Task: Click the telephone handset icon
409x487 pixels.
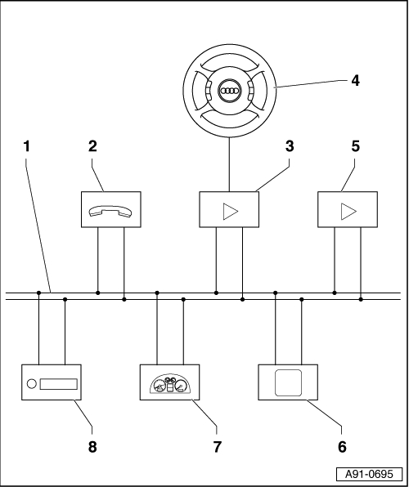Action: (110, 211)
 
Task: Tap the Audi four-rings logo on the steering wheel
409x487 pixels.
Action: (230, 91)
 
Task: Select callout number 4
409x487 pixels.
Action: (356, 81)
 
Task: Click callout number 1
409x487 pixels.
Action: (27, 146)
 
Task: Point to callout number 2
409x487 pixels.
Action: (92, 146)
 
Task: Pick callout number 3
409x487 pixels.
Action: (290, 146)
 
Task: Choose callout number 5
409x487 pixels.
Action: (356, 146)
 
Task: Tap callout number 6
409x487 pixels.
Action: (342, 447)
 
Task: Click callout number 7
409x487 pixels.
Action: (217, 447)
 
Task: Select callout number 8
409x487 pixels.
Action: (92, 447)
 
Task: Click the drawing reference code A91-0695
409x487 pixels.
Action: (369, 474)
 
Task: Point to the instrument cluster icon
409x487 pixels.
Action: (170, 384)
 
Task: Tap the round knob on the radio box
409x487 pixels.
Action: (32, 384)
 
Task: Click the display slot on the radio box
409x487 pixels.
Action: (58, 384)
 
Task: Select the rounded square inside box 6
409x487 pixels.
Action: (288, 382)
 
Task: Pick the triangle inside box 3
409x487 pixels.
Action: (230, 211)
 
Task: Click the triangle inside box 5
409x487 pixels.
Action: (348, 211)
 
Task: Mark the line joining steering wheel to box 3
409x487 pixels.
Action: (229, 164)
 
